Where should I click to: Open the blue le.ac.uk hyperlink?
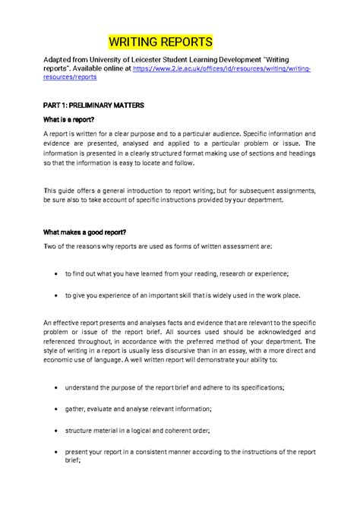(220, 68)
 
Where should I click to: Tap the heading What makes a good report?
(84, 232)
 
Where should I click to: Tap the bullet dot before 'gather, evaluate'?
(58, 409)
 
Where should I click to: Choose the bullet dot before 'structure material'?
(58, 429)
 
